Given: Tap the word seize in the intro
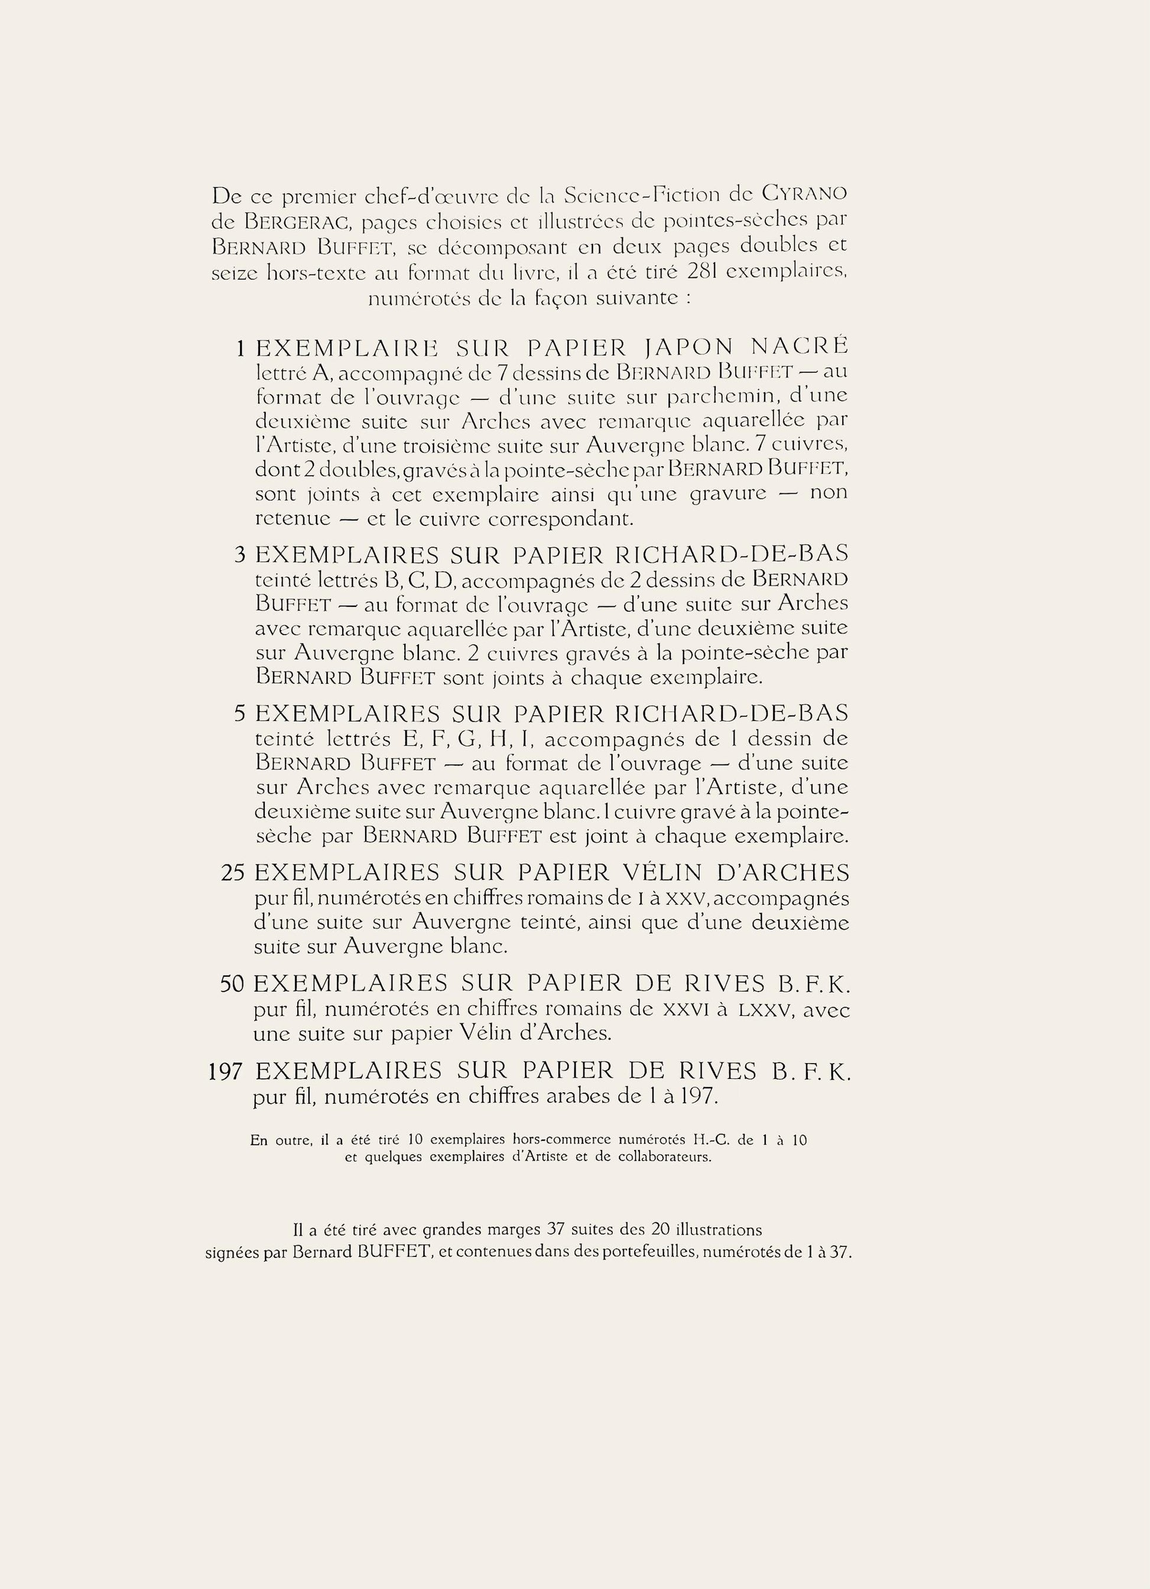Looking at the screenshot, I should (x=235, y=272).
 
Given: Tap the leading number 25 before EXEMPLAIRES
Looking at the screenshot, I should (x=232, y=873).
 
